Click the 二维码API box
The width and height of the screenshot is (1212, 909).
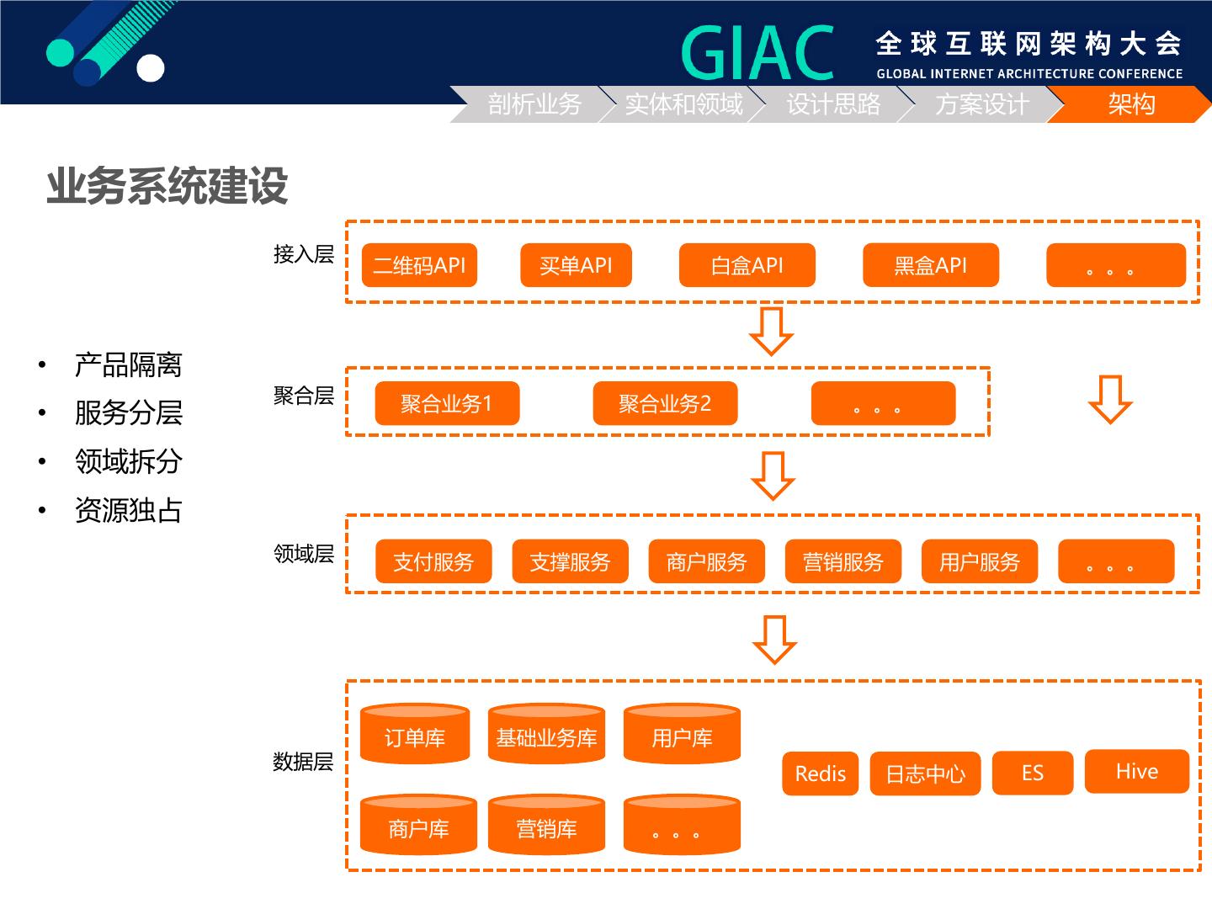419,266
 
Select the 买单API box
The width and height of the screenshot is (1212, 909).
576,266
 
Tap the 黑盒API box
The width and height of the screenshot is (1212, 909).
930,266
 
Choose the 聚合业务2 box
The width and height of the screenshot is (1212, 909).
665,404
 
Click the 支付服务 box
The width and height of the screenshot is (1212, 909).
433,561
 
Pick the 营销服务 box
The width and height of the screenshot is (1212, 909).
843,561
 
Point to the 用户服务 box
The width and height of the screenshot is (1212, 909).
979,561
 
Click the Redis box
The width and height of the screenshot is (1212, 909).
820,773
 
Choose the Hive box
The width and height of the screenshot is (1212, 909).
1136,772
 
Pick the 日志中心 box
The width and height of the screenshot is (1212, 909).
925,773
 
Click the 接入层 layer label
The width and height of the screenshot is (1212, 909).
303,254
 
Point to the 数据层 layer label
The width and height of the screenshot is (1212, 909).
303,762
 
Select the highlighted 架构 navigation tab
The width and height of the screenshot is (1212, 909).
1131,104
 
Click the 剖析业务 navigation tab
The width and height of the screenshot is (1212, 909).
534,104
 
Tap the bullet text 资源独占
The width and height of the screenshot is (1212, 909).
128,510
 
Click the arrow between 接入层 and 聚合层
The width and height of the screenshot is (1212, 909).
771,331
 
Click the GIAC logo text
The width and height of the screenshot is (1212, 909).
757,52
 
